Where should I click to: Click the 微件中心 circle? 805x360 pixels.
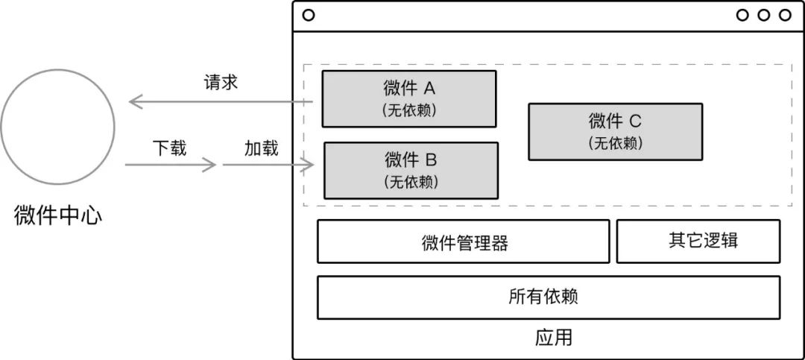57,126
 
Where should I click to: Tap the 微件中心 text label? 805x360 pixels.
58,217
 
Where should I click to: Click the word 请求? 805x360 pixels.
221,82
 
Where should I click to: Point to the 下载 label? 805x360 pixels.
170,148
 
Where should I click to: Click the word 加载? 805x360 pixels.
262,148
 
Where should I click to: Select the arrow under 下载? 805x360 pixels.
171,164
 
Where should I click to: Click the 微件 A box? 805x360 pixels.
409,98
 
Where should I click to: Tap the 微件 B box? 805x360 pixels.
411,171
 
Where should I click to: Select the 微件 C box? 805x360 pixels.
615,131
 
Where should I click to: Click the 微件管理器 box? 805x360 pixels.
464,241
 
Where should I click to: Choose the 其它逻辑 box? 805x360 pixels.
698,241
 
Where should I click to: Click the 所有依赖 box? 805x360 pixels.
549,297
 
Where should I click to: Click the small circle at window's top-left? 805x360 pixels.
309,15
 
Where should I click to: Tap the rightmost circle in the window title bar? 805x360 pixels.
785,15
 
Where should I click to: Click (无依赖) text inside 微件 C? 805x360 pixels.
615,142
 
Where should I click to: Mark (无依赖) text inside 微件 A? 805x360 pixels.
409,110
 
